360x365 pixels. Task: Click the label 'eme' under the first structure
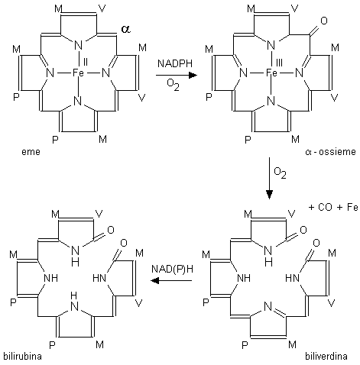pos(31,152)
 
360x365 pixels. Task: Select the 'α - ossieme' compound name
pos(330,152)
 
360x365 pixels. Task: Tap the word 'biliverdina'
pos(326,356)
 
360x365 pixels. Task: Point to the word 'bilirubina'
pos(22,356)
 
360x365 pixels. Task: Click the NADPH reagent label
pos(175,63)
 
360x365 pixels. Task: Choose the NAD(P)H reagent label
pos(172,269)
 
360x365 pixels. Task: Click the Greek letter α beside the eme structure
pos(125,29)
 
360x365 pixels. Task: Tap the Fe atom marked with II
pos(78,73)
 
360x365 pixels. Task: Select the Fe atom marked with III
pos(271,73)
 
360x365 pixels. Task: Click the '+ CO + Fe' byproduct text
pos(333,207)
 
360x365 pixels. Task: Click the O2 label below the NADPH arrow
pos(173,85)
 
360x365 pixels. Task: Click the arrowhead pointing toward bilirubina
pos(154,281)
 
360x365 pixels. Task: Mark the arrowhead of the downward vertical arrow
pos(269,195)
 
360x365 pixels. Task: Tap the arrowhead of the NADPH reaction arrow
pos(193,75)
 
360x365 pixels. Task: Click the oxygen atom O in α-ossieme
pos(324,21)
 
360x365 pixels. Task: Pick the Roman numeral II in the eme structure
pos(86,63)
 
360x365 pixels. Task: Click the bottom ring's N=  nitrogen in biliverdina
pos(268,306)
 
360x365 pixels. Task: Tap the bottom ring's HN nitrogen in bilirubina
pos(74,302)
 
